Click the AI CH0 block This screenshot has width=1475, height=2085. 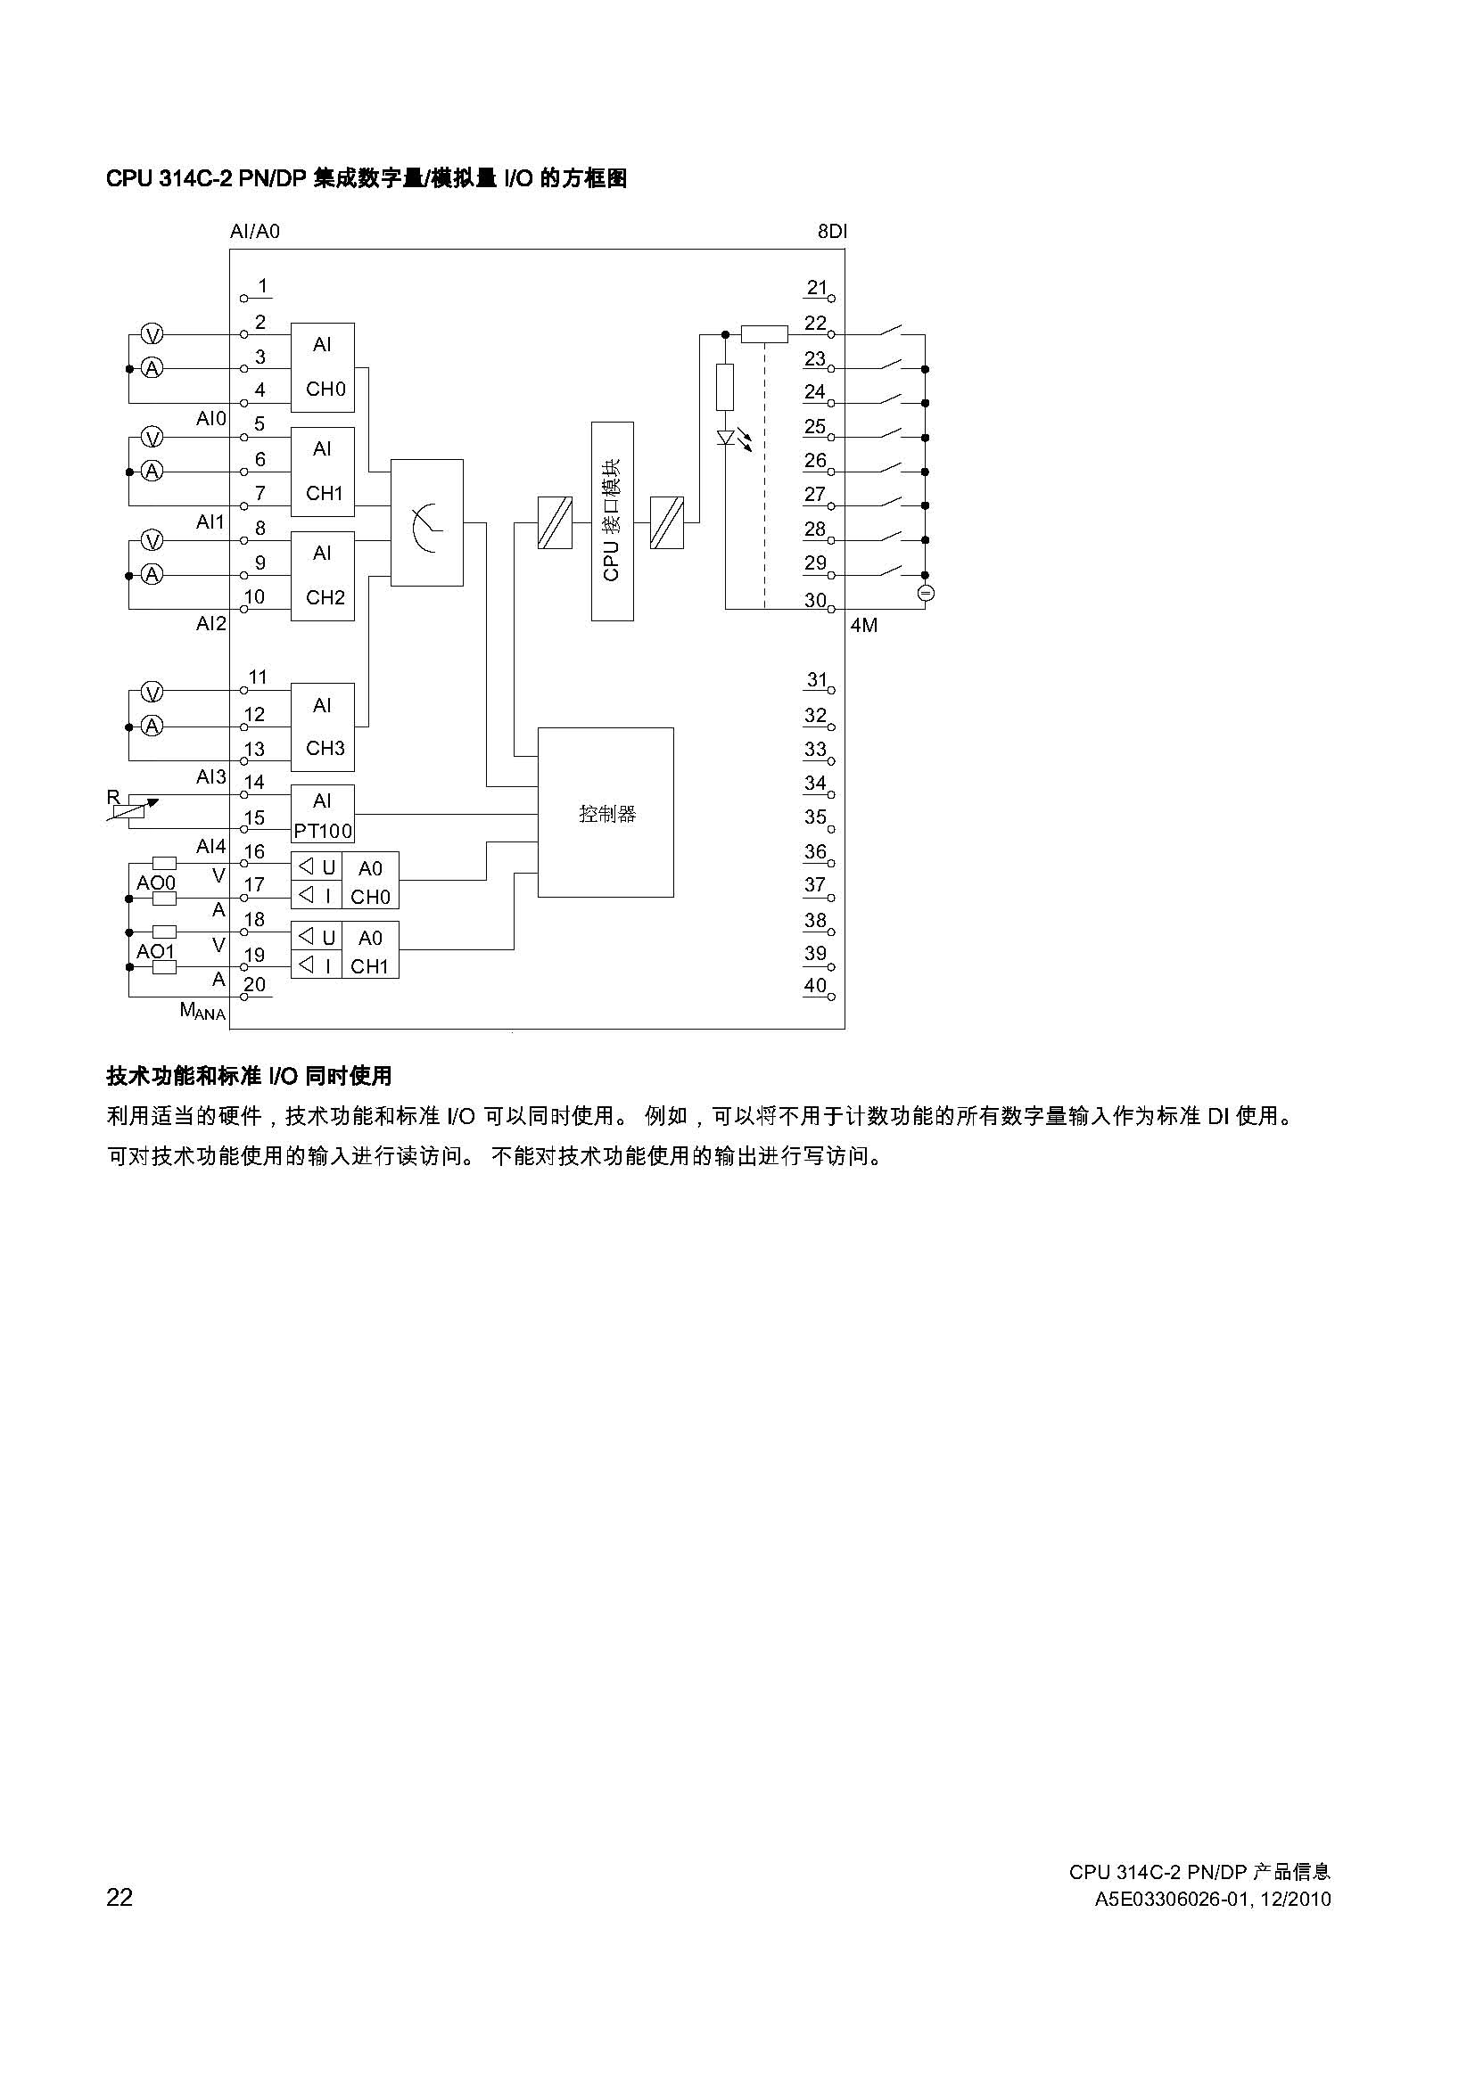pos(323,366)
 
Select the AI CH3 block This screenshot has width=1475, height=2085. pos(323,726)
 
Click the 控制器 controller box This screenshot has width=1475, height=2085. pos(606,812)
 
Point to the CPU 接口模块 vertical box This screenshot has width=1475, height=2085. pos(612,521)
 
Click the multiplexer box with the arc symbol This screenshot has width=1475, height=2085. pos(427,522)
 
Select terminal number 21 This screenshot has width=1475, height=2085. pos(818,289)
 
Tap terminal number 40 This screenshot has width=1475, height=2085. pos(816,986)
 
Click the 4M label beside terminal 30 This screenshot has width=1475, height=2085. pos(864,626)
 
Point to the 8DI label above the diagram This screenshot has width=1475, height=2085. pos(832,232)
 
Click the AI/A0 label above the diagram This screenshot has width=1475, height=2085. pos(255,232)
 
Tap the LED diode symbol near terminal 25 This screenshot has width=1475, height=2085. pos(726,439)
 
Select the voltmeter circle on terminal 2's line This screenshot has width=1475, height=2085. pos(152,335)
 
